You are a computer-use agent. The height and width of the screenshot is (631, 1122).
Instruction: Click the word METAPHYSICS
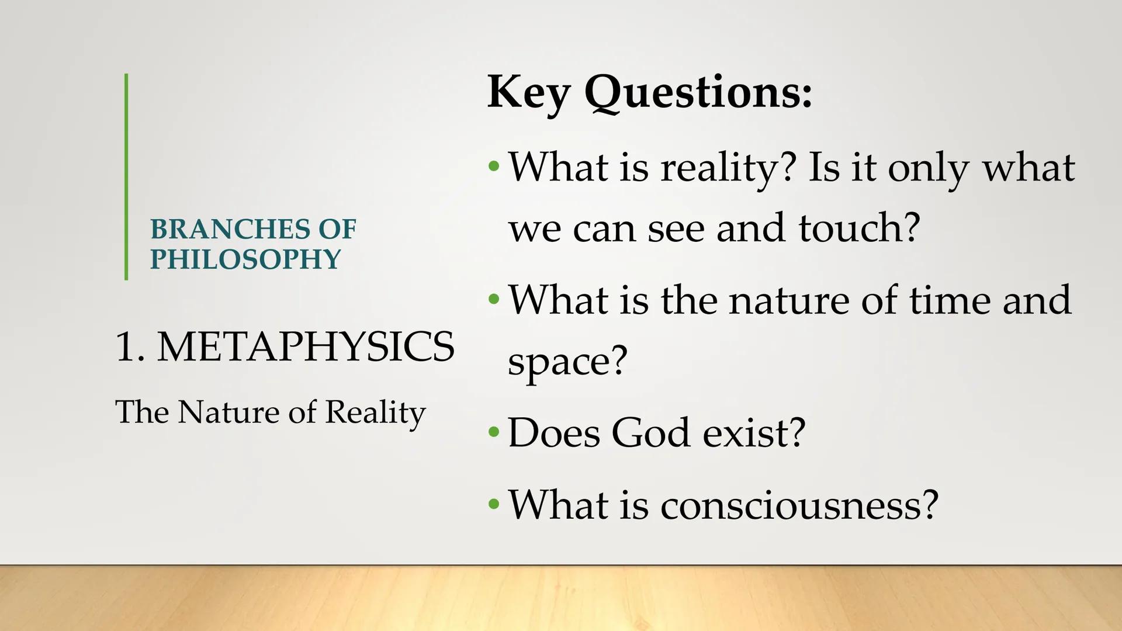coord(306,347)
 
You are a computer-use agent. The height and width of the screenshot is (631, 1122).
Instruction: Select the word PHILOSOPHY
coord(245,259)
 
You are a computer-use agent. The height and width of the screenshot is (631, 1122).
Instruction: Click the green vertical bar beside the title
coord(126,176)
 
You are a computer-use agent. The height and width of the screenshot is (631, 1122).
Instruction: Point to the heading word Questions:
coord(698,92)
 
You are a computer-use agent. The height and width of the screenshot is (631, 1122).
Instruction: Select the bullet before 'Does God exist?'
coord(494,433)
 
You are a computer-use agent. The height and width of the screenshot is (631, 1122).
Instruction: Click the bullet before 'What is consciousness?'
coord(494,504)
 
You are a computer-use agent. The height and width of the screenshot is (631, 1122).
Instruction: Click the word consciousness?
coord(799,504)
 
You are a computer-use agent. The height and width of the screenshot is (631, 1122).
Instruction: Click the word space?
coord(567,361)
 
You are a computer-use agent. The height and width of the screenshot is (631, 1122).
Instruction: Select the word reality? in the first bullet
coord(728,168)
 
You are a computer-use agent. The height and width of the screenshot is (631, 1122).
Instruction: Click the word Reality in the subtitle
coord(375,412)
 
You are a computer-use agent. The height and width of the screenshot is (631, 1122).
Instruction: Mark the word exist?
coord(754,433)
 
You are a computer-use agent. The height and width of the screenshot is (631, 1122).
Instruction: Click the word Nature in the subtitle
coord(228,412)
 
